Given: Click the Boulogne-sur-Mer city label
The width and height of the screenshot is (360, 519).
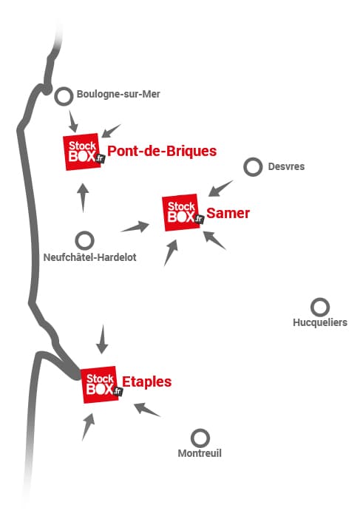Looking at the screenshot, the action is tap(118, 95).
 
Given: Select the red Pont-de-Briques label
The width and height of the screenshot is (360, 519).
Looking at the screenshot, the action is tap(162, 151).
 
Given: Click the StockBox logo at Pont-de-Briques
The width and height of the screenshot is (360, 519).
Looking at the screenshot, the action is tap(84, 152).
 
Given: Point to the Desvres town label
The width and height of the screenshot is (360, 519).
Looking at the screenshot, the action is tap(286, 166).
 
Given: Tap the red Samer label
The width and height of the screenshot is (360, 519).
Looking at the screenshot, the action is tap(228, 213).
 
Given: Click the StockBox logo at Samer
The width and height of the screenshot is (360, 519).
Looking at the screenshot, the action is tap(183, 212).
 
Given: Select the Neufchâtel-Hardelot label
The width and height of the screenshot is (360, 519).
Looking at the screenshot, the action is tap(89, 257).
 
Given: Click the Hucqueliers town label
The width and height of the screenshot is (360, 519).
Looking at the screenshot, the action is tap(320, 322).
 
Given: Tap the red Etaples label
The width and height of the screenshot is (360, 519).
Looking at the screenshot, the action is tap(146, 381).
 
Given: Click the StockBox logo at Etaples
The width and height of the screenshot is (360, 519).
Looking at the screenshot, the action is tap(101, 384).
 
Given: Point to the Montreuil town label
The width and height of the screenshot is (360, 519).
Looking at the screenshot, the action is tap(200, 453).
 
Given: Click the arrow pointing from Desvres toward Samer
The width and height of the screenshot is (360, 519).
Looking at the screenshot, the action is tap(220, 189).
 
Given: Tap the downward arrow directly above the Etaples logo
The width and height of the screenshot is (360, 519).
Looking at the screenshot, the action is tap(103, 339).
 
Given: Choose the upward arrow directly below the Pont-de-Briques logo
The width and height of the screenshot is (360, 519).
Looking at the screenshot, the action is tap(83, 198).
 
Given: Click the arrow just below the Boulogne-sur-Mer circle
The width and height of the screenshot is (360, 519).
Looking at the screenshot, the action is tap(73, 121).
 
